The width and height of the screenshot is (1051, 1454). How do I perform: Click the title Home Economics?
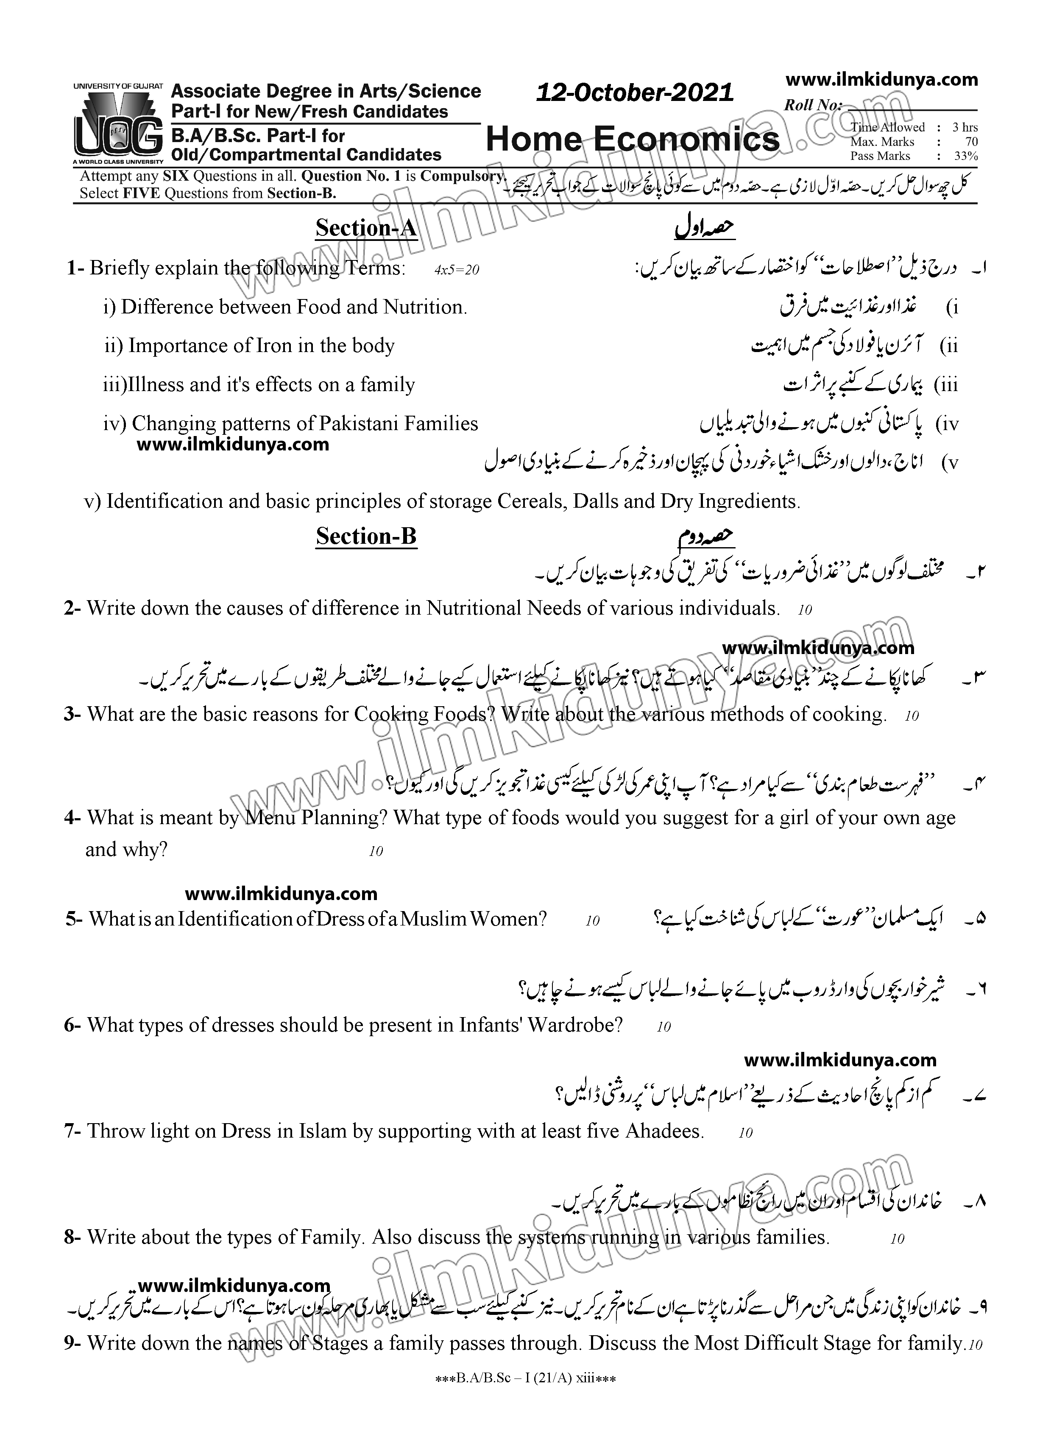click(633, 139)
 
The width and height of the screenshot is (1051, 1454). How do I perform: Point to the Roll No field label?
click(813, 105)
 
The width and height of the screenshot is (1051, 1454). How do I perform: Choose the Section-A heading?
click(366, 228)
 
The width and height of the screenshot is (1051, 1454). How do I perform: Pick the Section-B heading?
click(366, 536)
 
